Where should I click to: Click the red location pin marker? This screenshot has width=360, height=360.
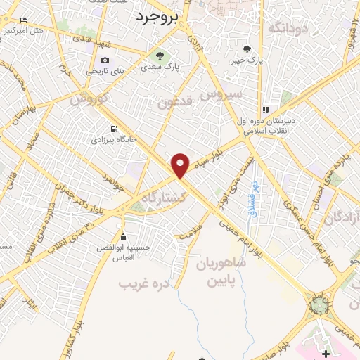pos(181,165)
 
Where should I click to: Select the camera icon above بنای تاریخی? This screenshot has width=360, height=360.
pos(105,60)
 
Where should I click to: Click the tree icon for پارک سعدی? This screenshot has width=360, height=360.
pos(160,56)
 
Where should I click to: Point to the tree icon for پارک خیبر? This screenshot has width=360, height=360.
pos(246,49)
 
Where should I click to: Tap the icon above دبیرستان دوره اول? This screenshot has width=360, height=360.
pos(266,110)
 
